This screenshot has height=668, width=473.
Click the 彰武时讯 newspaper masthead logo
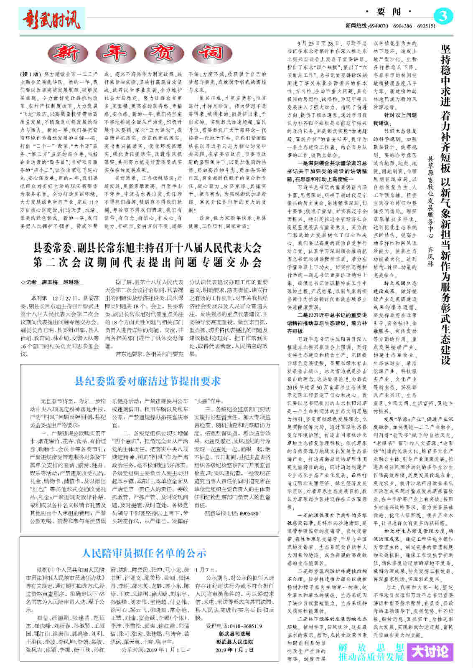pyautogui.click(x=51, y=19)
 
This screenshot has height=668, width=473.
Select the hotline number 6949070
pyautogui.click(x=379, y=26)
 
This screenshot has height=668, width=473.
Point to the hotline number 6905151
pyautogui.click(x=426, y=26)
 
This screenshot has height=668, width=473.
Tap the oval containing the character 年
pyautogui.click(x=118, y=53)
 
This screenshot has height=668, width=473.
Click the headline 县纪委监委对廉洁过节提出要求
pyautogui.click(x=147, y=381)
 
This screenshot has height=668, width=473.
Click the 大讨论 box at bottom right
pyautogui.click(x=432, y=652)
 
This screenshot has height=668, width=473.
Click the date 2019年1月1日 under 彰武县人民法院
pyautogui.click(x=234, y=650)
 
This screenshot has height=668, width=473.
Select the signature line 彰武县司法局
pyautogui.click(x=234, y=634)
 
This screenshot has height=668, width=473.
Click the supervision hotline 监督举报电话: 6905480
pyautogui.click(x=231, y=514)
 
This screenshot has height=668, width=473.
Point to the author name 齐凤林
pyautogui.click(x=430, y=257)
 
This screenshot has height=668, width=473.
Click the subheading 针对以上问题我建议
pyautogui.click(x=394, y=119)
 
